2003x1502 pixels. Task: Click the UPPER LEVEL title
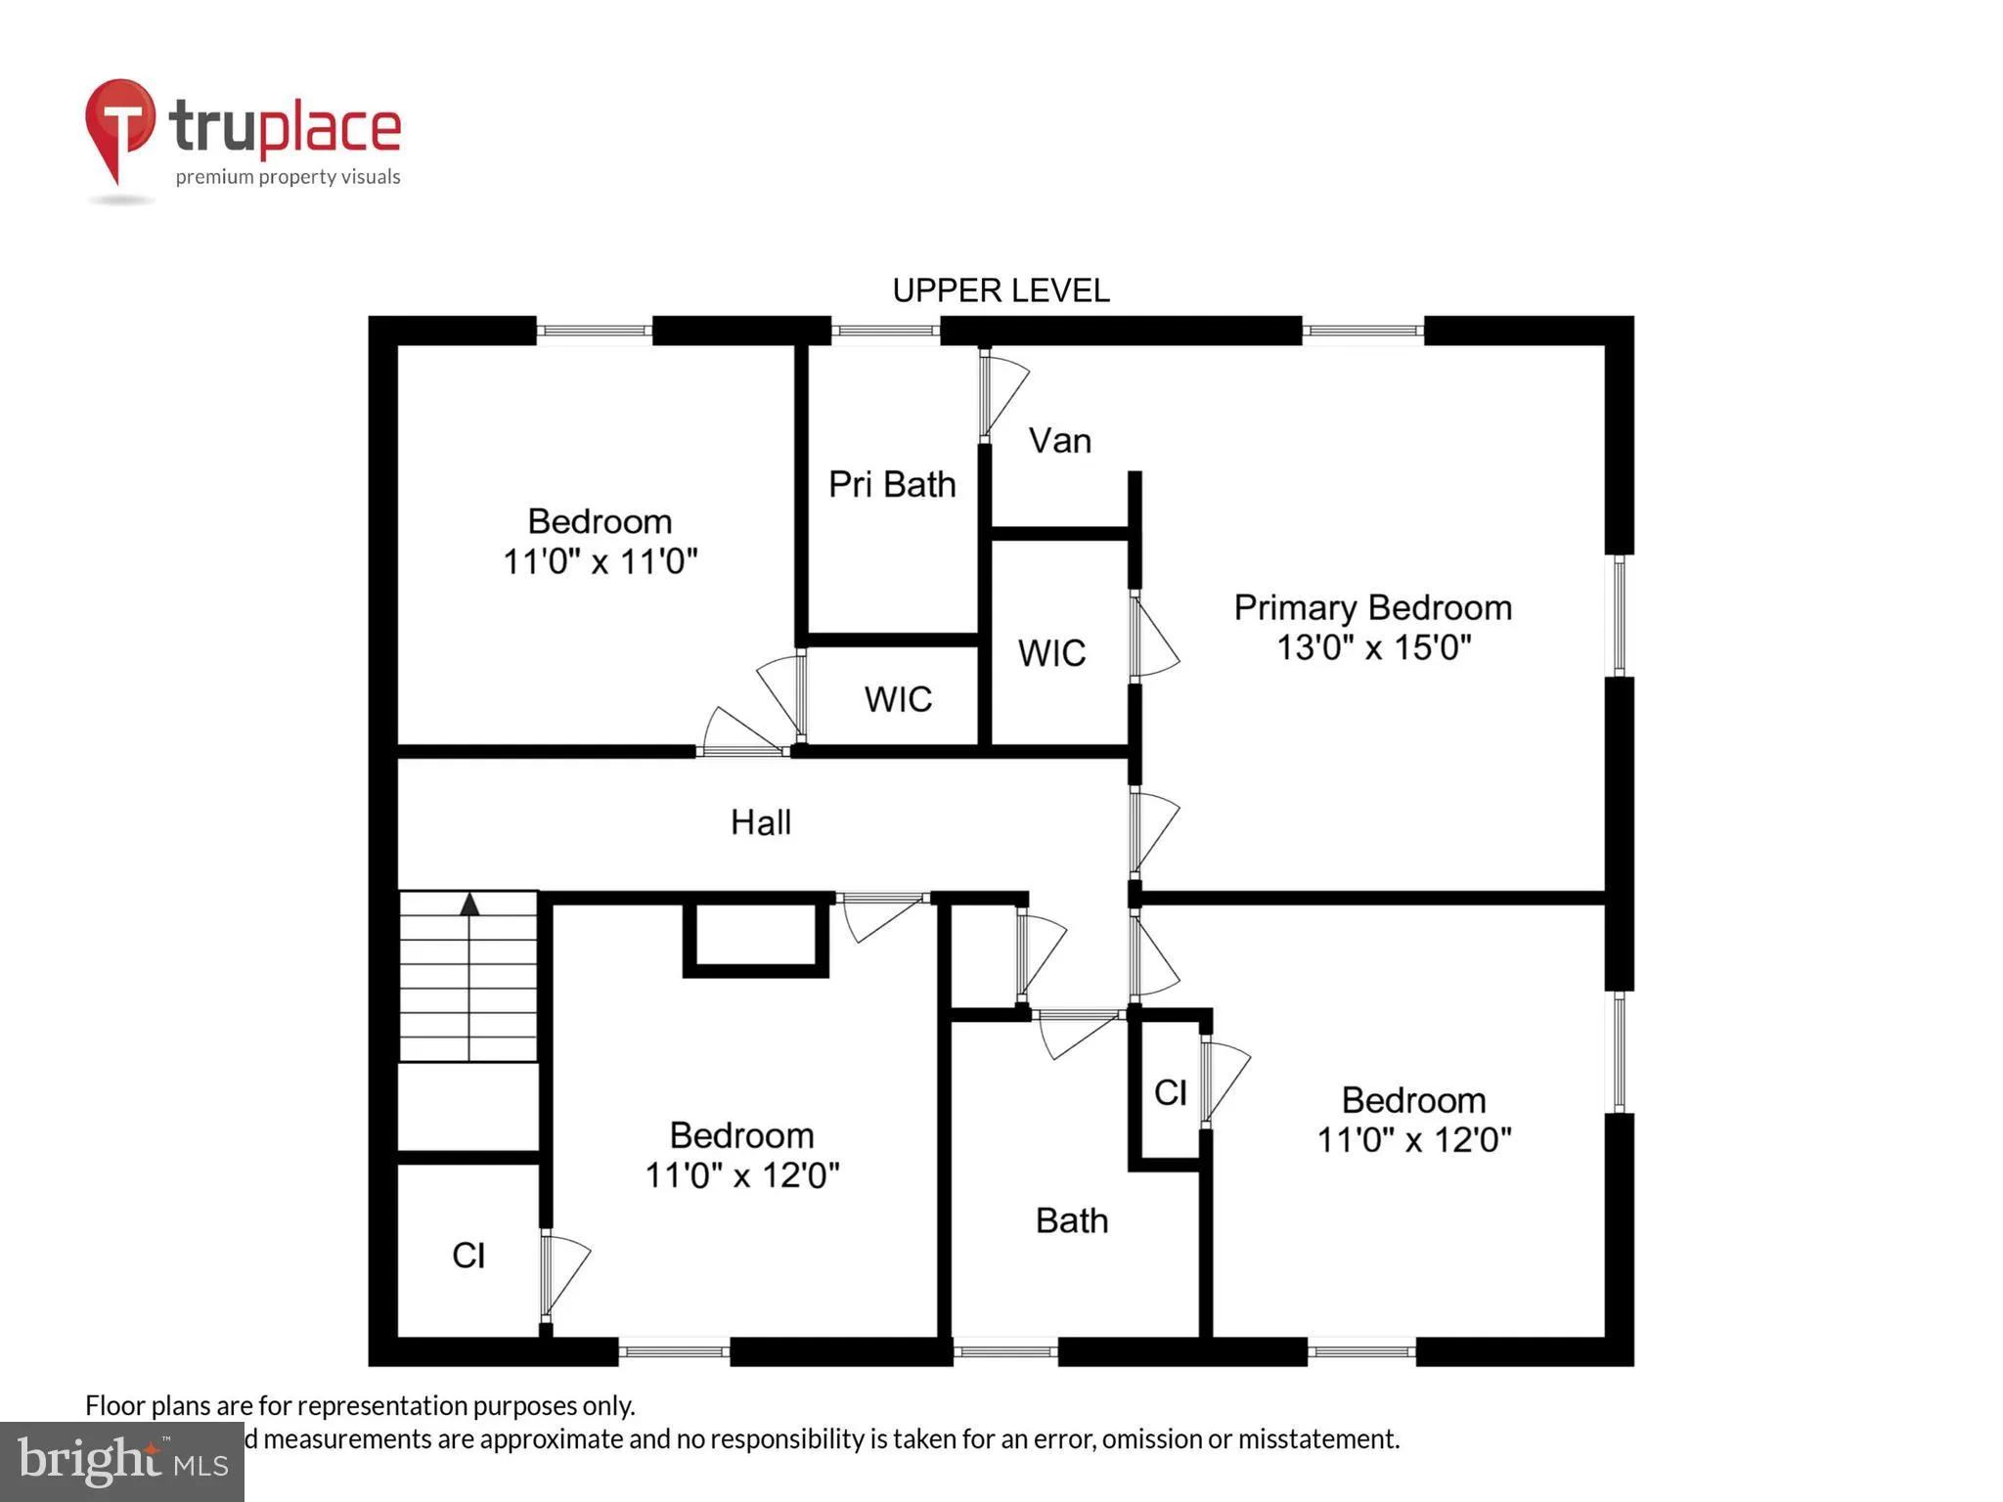coord(1001,290)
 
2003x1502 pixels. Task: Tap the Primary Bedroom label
coord(1372,607)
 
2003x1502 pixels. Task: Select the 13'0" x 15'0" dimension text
coord(1373,647)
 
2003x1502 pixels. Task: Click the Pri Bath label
coord(891,484)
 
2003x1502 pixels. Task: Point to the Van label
coord(1059,441)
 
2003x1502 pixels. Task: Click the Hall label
coord(760,822)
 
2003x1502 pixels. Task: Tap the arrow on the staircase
coord(469,904)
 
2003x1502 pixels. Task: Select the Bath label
coord(1071,1220)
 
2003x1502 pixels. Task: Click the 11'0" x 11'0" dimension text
coord(600,561)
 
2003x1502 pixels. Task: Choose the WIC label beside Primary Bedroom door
coord(1051,653)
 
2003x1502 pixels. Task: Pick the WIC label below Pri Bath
coord(898,699)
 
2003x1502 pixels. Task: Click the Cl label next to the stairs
coord(468,1255)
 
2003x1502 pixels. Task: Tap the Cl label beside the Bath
coord(1170,1092)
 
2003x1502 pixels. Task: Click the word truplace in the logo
coord(285,127)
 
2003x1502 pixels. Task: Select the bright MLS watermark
coord(121,1461)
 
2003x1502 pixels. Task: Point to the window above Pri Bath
coord(885,331)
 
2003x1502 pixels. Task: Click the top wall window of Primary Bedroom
coord(1362,331)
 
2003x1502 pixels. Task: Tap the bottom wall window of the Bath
coord(1005,1351)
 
